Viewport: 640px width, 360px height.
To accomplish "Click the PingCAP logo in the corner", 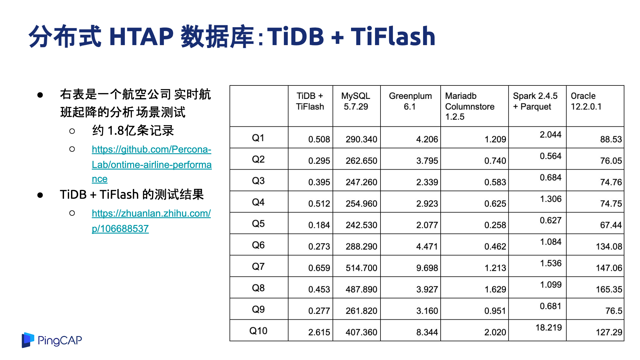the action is (52, 340).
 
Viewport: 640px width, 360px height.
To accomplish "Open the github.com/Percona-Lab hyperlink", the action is (151, 164).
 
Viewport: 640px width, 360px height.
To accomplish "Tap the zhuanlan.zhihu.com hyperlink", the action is (151, 221).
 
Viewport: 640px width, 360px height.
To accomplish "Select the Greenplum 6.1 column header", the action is (410, 101).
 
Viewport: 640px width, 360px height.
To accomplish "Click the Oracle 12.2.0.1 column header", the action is (586, 101).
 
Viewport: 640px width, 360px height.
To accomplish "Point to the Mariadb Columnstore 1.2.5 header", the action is (470, 106).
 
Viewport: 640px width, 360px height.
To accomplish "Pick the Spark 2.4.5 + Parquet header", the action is (535, 101).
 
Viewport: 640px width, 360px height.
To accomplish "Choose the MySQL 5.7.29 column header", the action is (356, 101).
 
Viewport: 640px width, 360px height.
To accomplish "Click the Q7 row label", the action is (258, 266).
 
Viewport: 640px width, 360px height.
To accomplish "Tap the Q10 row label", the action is (258, 331).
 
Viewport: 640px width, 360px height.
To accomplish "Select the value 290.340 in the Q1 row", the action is (361, 139).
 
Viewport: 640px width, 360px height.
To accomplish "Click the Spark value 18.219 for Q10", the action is (548, 327).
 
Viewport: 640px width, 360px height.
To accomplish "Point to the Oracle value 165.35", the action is (609, 289).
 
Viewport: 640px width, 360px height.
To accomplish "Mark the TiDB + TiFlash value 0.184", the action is (319, 225).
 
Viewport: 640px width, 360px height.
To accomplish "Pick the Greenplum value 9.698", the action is (427, 268).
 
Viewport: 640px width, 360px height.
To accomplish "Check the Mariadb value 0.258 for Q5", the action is (495, 225).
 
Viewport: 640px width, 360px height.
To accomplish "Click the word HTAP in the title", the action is (141, 36).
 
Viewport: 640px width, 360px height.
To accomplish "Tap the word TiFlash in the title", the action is (393, 36).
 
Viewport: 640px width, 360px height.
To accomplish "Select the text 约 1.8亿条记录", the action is (133, 131).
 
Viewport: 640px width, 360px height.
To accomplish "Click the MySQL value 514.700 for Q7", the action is (361, 268).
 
